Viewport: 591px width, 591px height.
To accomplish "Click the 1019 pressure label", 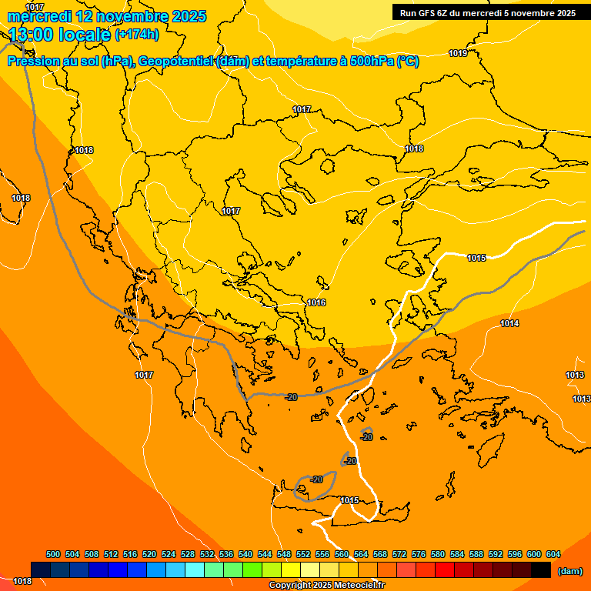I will (x=458, y=53).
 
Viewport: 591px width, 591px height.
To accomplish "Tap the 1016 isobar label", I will (x=316, y=302).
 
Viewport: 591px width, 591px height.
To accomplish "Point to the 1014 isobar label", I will (x=509, y=323).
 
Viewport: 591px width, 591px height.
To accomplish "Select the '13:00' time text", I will (x=32, y=35).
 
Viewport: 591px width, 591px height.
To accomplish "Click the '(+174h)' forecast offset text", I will (x=136, y=35).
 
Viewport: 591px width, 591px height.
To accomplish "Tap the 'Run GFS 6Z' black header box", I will (x=487, y=12).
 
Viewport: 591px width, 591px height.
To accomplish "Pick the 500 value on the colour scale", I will (x=53, y=554).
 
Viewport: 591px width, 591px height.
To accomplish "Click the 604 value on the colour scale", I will (x=553, y=554).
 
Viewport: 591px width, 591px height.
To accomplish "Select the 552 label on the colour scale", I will (x=303, y=554).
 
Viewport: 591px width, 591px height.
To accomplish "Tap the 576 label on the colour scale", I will (x=419, y=554).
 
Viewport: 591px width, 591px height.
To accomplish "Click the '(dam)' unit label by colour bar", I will (x=570, y=571).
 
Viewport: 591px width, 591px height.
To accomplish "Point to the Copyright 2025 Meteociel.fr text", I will (x=326, y=586).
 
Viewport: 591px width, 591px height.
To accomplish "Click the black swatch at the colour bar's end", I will (x=541, y=569).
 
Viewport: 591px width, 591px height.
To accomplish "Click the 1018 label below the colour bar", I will (x=22, y=581).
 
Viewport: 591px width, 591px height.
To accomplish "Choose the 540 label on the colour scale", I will (x=245, y=554).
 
